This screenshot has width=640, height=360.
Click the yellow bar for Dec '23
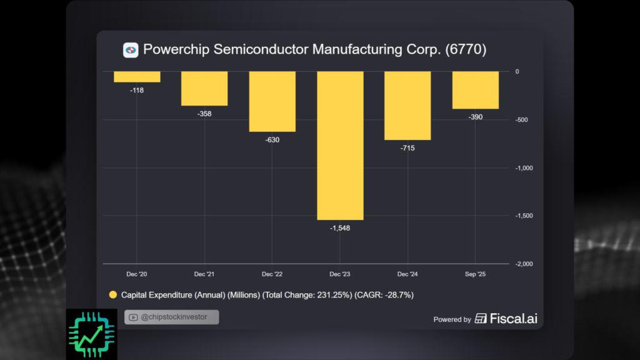(x=340, y=145)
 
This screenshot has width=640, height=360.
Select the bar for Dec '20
(x=137, y=76)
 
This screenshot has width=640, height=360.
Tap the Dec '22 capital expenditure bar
(x=272, y=101)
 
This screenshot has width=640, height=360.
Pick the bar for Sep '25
(x=476, y=90)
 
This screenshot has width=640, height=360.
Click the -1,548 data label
(x=340, y=228)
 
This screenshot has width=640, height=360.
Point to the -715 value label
(x=407, y=148)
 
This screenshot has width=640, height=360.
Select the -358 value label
(x=204, y=114)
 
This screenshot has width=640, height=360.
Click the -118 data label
(x=137, y=91)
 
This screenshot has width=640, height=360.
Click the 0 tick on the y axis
(x=517, y=72)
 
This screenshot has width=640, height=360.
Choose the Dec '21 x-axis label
(x=204, y=274)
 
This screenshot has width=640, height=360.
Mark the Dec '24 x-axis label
(x=407, y=274)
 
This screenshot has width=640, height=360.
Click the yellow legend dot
(x=113, y=294)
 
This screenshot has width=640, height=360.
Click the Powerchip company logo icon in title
(x=131, y=50)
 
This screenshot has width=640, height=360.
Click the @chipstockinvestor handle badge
(x=172, y=317)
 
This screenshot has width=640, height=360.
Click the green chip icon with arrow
(x=91, y=334)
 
